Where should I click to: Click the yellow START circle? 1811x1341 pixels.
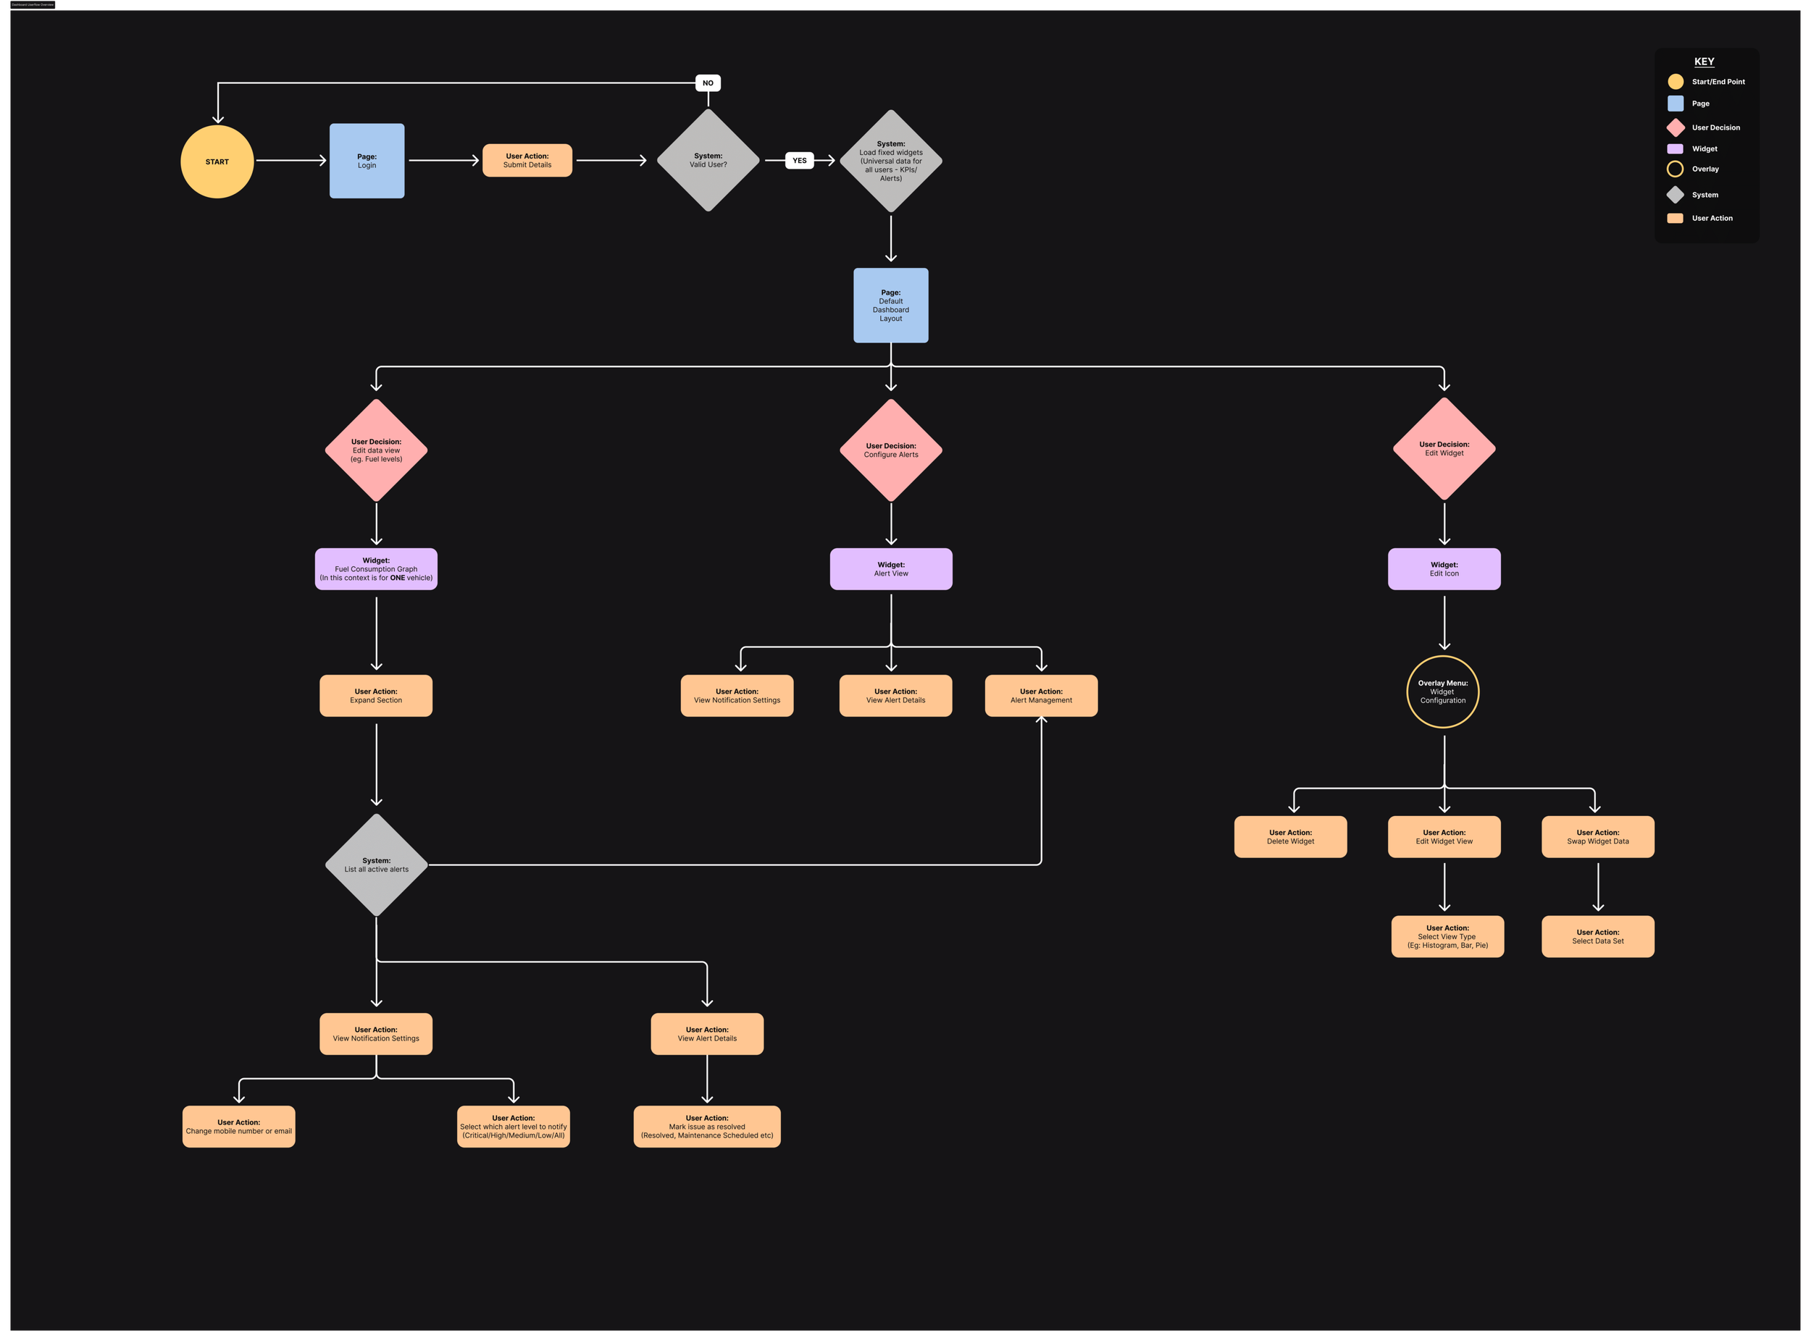point(217,161)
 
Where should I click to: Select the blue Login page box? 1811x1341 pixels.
point(367,161)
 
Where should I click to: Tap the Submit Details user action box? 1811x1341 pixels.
point(527,161)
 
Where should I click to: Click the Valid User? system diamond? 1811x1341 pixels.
point(708,161)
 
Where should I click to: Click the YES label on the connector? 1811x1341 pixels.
point(799,161)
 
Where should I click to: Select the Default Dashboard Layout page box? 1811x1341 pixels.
point(890,306)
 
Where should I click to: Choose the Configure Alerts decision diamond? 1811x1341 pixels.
point(890,450)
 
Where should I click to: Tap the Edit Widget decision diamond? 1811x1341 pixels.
point(1443,449)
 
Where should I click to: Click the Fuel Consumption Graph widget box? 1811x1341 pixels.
point(376,569)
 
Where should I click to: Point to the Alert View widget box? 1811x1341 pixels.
point(890,569)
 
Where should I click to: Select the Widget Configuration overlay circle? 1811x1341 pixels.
point(1442,691)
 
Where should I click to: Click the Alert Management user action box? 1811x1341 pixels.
point(1040,696)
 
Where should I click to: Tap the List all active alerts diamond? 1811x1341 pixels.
point(376,865)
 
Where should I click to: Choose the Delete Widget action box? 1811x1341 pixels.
point(1289,837)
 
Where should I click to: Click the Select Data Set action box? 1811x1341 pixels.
point(1597,937)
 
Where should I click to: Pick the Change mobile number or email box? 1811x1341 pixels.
point(239,1127)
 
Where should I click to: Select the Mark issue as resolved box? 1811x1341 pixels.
point(706,1127)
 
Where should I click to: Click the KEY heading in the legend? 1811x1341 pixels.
point(1704,62)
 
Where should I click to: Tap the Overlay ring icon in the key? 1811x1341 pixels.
point(1675,169)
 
